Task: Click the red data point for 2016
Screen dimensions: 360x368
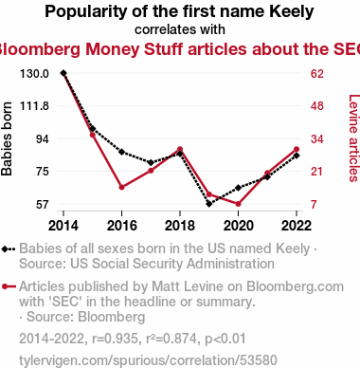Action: tap(122, 187)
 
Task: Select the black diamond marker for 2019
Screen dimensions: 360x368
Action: tap(209, 204)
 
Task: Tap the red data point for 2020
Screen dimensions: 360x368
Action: tap(238, 204)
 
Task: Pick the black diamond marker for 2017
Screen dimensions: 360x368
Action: tap(151, 162)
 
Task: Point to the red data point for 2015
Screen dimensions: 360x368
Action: tap(93, 135)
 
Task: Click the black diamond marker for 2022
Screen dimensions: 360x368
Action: tap(297, 156)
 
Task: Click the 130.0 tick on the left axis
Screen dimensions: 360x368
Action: tap(34, 74)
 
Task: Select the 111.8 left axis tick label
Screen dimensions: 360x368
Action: tap(34, 106)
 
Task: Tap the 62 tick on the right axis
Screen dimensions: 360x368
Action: tap(317, 74)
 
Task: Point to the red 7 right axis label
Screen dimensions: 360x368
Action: tap(314, 205)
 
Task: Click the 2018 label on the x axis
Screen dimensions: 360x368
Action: tap(180, 226)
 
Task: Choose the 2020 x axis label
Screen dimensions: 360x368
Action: tap(239, 226)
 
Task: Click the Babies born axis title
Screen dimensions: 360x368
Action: tap(7, 138)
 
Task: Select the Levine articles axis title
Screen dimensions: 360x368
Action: tap(353, 138)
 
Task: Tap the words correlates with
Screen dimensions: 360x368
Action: tap(180, 29)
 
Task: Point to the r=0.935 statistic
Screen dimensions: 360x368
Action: tap(115, 339)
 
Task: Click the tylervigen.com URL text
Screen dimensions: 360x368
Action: tap(148, 360)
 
